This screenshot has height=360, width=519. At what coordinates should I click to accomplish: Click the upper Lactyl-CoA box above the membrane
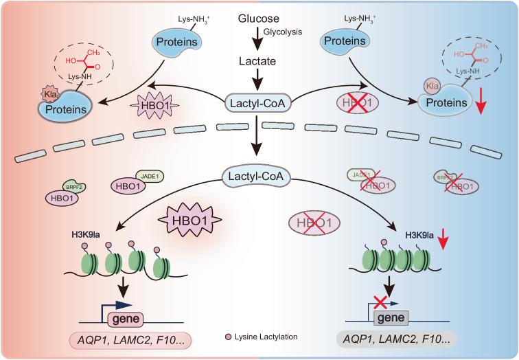259,104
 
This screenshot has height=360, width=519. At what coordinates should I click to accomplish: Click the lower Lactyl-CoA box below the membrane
259,178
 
